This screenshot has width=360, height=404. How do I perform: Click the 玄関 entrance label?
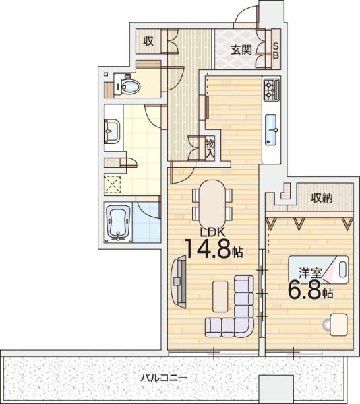(x=241, y=50)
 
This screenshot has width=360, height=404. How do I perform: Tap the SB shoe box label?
(x=276, y=50)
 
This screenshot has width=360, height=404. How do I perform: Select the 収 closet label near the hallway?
(x=148, y=41)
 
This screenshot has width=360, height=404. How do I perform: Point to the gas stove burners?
(x=271, y=90)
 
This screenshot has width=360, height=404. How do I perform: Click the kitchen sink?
(x=271, y=129)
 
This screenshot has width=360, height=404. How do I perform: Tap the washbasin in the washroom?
(x=112, y=131)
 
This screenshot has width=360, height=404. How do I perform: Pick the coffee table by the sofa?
(x=220, y=296)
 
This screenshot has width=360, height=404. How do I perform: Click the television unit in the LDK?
(x=179, y=281)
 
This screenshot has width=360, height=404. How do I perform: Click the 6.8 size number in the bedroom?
(x=305, y=290)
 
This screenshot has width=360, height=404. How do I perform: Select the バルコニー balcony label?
(x=164, y=378)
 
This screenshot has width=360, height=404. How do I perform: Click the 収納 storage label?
(x=322, y=198)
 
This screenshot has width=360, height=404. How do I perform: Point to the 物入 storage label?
(x=210, y=149)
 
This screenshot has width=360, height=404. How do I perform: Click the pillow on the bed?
(x=342, y=269)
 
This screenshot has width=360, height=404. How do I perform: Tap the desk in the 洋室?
(x=338, y=325)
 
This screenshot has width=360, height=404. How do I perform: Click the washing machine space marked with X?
(x=113, y=184)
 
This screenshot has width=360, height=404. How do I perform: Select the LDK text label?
(x=213, y=233)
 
